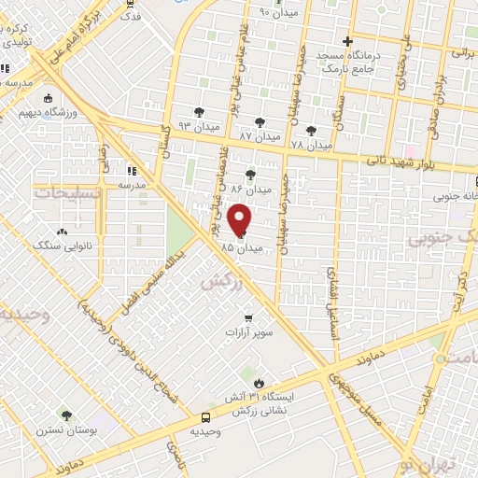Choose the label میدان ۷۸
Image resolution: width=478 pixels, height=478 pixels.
[311, 146]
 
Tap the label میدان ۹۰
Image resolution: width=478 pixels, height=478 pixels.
[276, 12]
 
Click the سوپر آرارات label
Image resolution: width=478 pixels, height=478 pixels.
[246, 331]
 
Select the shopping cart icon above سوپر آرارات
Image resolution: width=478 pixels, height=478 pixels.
[247, 317]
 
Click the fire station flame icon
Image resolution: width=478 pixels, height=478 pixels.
[259, 383]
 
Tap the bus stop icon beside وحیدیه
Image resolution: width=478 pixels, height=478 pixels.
[205, 417]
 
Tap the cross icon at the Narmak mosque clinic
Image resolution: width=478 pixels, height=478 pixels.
[346, 42]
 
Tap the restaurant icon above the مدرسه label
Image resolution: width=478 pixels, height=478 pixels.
[131, 171]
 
